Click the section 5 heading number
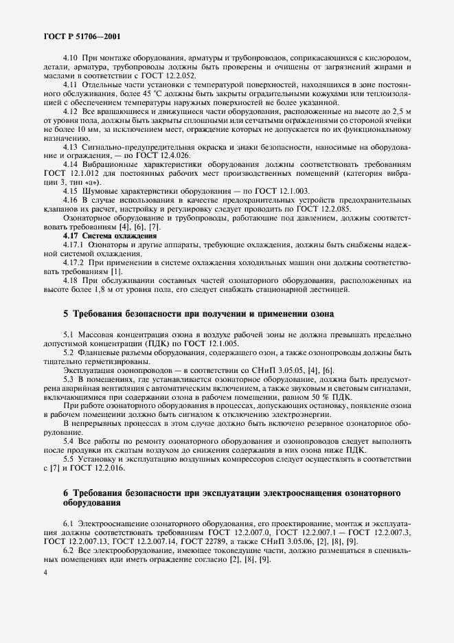click(x=65, y=314)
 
